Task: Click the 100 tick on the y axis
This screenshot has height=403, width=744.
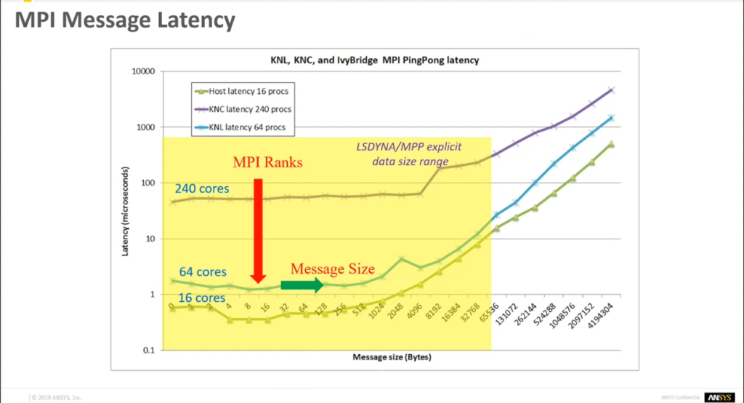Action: pyautogui.click(x=148, y=183)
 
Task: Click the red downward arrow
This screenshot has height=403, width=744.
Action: pyautogui.click(x=256, y=234)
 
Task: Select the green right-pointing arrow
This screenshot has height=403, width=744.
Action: pyautogui.click(x=302, y=285)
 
